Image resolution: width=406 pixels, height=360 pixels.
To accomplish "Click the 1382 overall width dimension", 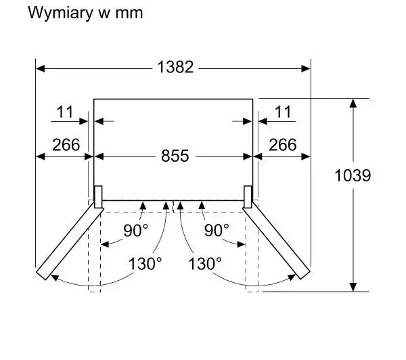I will pyautogui.click(x=175, y=67).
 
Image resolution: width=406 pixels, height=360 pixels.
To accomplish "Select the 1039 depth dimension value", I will pyautogui.click(x=353, y=176).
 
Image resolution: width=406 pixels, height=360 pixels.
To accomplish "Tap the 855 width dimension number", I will pyautogui.click(x=175, y=156).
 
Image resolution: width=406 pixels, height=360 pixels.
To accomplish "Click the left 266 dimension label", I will pyautogui.click(x=66, y=144).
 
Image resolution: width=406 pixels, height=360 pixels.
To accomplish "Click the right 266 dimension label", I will pyautogui.click(x=282, y=144).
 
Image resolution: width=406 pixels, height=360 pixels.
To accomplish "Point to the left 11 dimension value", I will pyautogui.click(x=64, y=112).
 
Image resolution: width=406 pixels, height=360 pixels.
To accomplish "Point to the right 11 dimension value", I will pyautogui.click(x=283, y=112).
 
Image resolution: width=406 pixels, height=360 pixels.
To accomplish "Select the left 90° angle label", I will pyautogui.click(x=135, y=230).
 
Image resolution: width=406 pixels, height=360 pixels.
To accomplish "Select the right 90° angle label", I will pyautogui.click(x=217, y=230).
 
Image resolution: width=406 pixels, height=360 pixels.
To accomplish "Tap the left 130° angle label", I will pyautogui.click(x=145, y=263).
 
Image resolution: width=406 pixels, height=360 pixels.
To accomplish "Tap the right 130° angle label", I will pyautogui.click(x=205, y=263).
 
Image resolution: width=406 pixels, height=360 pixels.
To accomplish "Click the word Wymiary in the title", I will pyautogui.click(x=55, y=13).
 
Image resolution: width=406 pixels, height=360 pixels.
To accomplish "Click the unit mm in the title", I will pyautogui.click(x=129, y=13).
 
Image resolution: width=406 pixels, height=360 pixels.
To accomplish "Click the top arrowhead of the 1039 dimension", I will pyautogui.click(x=353, y=104).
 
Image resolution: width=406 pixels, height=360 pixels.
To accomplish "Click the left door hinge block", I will pyautogui.click(x=98, y=197).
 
